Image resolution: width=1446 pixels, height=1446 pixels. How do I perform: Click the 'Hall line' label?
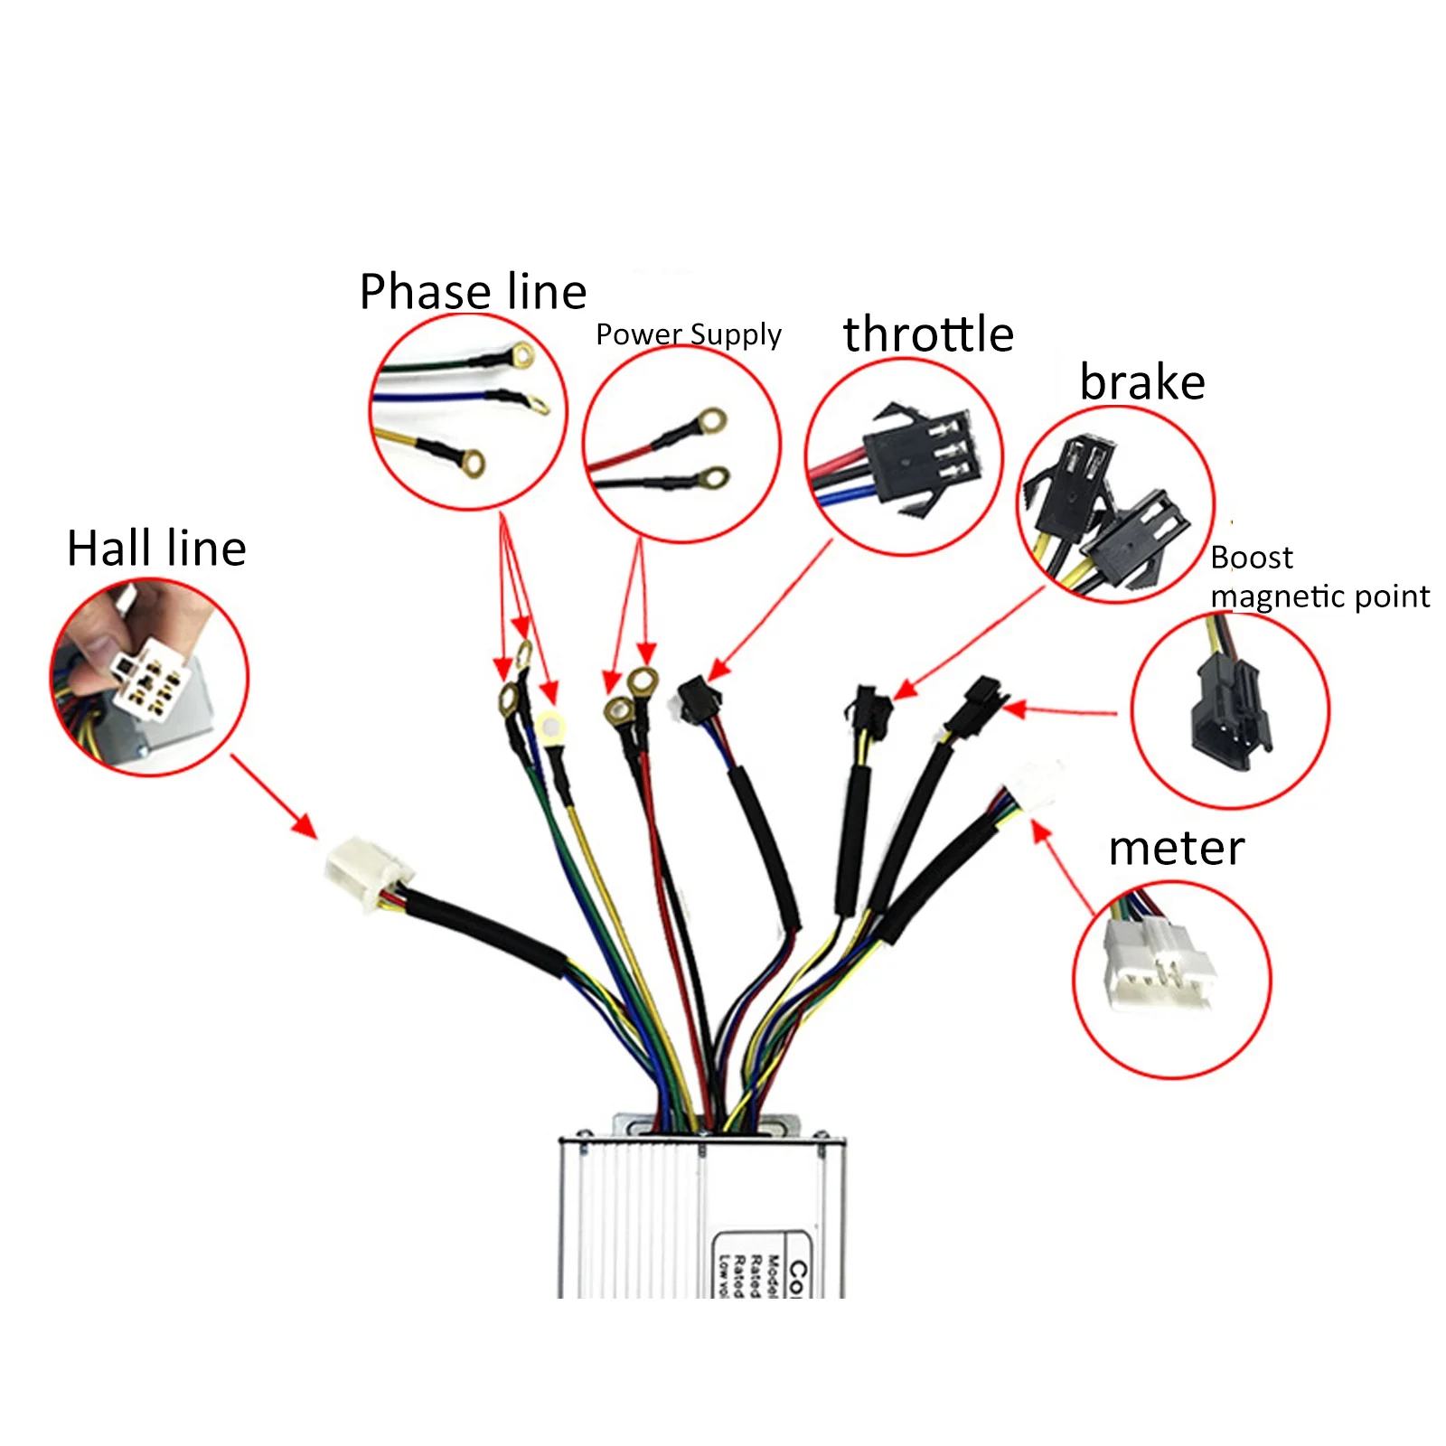(x=156, y=549)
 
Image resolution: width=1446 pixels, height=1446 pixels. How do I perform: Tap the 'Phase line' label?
(x=473, y=292)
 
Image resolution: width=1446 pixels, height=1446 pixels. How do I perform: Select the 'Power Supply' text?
(x=688, y=334)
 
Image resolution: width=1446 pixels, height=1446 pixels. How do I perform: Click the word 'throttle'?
(x=928, y=334)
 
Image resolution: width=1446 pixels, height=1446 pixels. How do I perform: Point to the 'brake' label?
(x=1142, y=382)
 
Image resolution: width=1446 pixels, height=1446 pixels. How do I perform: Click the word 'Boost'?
(x=1252, y=558)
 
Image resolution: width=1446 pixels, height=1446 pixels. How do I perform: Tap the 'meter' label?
(x=1176, y=848)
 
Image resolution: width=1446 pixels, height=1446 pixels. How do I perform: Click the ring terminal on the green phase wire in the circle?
(x=522, y=356)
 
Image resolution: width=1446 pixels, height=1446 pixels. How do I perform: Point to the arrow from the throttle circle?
(x=768, y=611)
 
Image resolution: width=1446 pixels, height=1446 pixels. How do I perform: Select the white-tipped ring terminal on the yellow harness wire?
(x=550, y=726)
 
